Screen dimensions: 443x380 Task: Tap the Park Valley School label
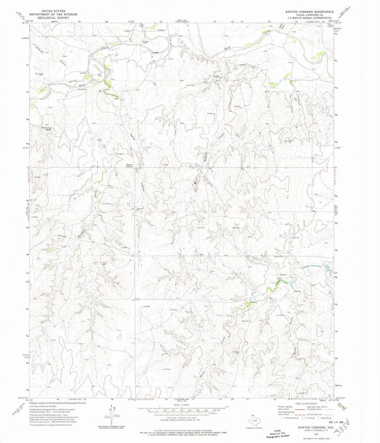point(46,129)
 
